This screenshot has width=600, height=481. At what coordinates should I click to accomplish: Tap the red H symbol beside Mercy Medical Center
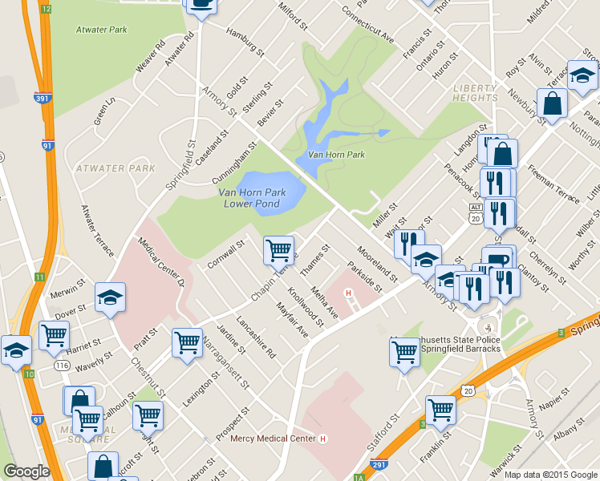[x=323, y=439]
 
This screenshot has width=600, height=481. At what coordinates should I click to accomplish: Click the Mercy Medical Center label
[x=273, y=439]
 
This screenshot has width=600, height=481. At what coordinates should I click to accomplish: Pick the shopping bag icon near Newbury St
[x=552, y=103]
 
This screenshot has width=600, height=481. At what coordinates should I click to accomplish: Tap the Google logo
[x=26, y=471]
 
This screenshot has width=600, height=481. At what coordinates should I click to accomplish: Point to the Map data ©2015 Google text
[x=550, y=474]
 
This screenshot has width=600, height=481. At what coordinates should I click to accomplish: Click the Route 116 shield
[x=60, y=365]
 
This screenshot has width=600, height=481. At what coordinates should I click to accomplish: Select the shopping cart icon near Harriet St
[x=55, y=335]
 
